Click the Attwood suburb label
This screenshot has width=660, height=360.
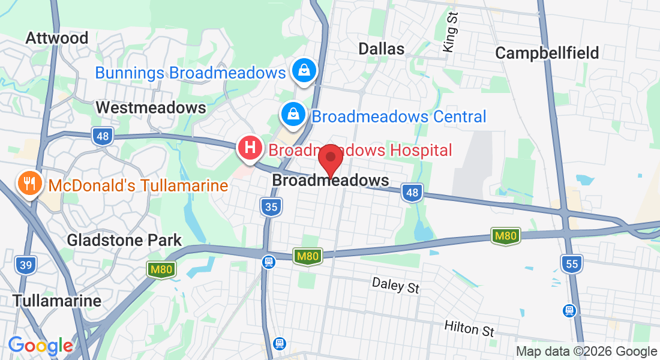tap(57, 38)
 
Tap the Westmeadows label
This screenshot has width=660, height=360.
tap(151, 108)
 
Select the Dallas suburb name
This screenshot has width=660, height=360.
tap(381, 49)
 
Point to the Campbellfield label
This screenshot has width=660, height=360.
tap(547, 53)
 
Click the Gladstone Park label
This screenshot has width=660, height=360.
tap(124, 241)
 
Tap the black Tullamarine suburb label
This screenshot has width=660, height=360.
tap(57, 301)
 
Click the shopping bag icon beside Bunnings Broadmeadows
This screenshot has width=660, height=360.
tap(304, 70)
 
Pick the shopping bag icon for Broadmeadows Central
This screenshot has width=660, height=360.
tap(293, 113)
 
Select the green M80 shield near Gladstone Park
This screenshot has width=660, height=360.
tap(161, 270)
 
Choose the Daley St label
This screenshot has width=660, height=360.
tap(395, 285)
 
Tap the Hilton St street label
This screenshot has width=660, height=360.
tap(469, 328)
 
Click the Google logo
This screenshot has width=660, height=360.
tap(40, 346)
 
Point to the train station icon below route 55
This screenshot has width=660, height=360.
tap(569, 310)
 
